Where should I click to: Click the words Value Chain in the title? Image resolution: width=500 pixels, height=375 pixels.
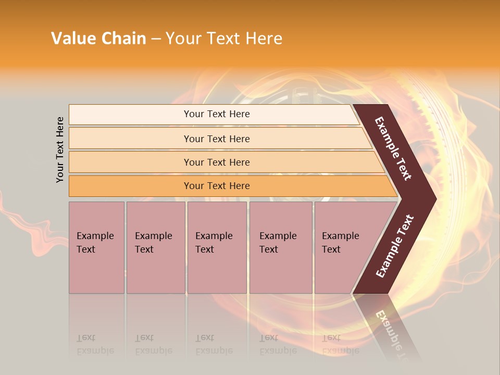coord(98,39)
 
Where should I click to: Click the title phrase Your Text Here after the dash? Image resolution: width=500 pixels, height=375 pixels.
coord(224,39)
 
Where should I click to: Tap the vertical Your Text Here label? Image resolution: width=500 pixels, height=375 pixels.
coord(60,149)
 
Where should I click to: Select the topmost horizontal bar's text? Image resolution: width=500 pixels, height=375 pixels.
coord(217,114)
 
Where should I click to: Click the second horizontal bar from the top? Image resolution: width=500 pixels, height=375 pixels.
coord(217,139)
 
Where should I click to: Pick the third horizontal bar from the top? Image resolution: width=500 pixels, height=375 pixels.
coord(217,162)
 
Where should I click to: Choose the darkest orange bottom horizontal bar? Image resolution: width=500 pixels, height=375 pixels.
coord(217,186)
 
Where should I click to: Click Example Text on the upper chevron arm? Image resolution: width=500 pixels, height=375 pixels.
coord(393,148)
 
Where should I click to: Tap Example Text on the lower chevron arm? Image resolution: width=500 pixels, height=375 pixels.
coord(395,246)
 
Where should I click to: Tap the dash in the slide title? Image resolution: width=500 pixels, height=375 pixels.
coord(156,39)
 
